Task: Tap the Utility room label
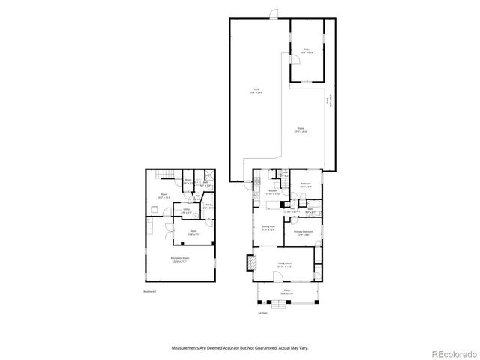(186, 212)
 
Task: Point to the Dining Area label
(268, 228)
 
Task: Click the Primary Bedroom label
(304, 233)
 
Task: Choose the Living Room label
(285, 264)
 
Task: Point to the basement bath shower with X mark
(212, 177)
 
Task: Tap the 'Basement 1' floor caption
(149, 292)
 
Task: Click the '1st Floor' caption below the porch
(263, 313)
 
